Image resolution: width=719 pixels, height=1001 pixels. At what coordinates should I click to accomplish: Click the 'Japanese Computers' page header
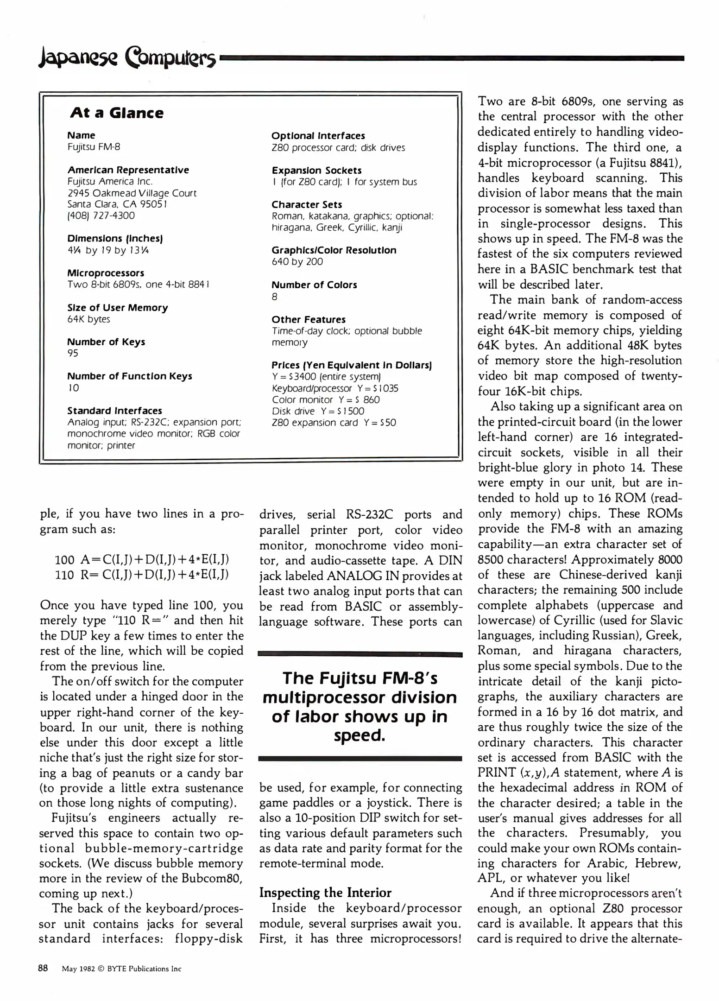coord(127,59)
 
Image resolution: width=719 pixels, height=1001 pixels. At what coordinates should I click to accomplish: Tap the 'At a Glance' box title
coord(117,113)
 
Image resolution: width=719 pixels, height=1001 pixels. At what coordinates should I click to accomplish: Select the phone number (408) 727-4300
coord(101,215)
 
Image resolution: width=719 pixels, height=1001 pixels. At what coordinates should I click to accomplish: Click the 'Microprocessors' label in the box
coord(106,273)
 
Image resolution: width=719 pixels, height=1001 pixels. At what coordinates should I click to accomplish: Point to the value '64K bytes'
coord(88,319)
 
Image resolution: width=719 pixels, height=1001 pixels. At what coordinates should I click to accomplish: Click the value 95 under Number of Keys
coord(73,353)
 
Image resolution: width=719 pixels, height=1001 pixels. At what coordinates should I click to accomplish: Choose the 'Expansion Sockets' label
coord(316,170)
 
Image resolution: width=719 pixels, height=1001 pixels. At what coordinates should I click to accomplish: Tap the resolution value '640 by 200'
coord(297,261)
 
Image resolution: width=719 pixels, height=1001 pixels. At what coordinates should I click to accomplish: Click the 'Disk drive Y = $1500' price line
coord(318,411)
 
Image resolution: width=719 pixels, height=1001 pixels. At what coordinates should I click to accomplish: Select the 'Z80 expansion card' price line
coord(334,423)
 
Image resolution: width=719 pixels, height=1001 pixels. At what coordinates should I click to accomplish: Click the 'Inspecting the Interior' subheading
coord(325,893)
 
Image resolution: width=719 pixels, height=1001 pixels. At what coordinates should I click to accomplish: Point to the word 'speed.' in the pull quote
coord(359,735)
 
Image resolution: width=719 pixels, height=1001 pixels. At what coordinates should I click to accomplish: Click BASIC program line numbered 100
coord(142,559)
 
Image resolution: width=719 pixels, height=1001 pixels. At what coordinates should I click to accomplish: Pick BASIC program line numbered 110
coord(142,575)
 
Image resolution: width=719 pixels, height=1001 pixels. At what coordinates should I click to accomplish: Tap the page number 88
coord(43,968)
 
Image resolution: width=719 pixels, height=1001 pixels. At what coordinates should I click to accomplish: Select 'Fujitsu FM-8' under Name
coord(94,147)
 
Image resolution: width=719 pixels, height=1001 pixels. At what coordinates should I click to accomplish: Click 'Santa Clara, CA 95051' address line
coord(117,204)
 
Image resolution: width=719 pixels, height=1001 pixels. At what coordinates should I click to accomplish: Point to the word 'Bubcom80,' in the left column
coord(217,878)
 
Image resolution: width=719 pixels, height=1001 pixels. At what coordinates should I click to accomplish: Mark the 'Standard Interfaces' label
coord(114,411)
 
